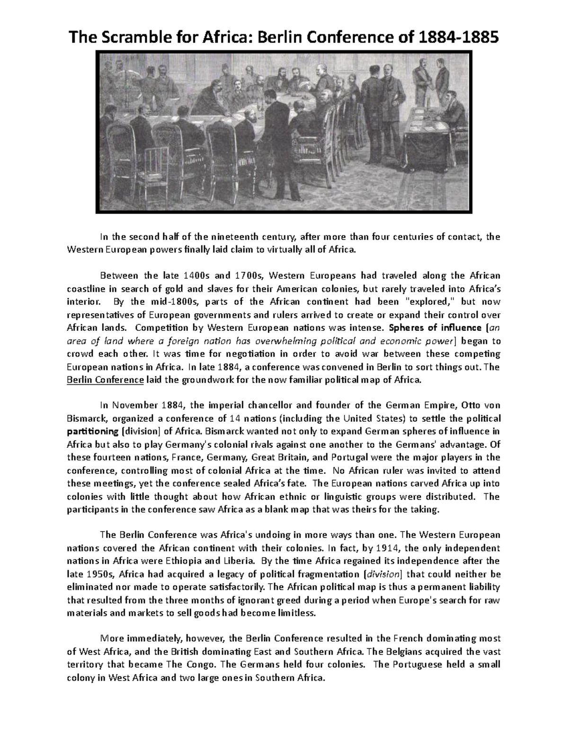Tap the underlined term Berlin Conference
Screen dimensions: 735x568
point(106,380)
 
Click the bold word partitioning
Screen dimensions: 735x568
point(92,432)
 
